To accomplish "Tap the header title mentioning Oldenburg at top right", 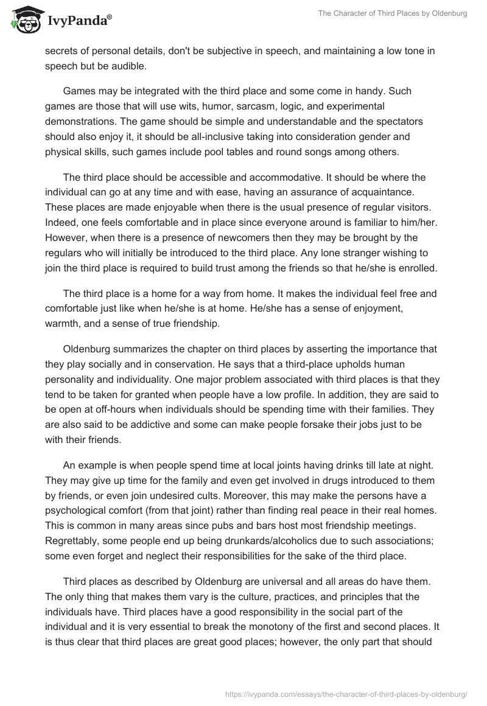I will point(393,13).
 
